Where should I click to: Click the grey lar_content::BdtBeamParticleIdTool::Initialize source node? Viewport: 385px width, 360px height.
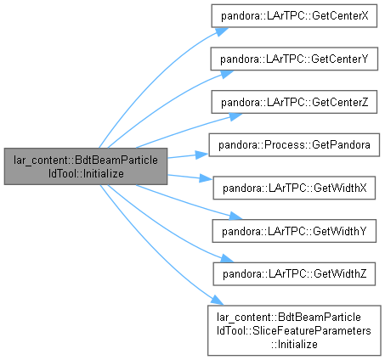click(x=86, y=166)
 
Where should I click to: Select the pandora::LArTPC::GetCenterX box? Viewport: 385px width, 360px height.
click(x=294, y=16)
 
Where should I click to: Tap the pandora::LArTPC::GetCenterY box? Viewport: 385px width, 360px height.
click(x=294, y=59)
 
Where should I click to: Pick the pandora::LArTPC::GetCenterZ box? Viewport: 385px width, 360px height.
click(x=294, y=102)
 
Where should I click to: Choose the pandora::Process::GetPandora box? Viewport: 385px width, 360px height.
click(x=294, y=145)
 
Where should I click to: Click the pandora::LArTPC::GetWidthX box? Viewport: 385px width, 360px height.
click(x=294, y=188)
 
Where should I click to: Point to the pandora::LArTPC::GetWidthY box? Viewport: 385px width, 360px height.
click(x=294, y=231)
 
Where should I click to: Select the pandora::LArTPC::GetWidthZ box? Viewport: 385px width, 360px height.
click(x=294, y=274)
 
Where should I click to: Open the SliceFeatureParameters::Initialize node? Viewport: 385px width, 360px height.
click(x=294, y=330)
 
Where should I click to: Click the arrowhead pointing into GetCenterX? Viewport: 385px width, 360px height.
click(x=222, y=31)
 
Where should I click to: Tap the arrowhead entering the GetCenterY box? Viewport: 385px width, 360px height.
click(x=226, y=74)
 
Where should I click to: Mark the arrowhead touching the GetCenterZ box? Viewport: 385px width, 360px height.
click(x=235, y=116)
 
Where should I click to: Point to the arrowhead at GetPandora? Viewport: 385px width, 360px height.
click(x=201, y=155)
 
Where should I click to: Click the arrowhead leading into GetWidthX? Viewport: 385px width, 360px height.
click(x=206, y=178)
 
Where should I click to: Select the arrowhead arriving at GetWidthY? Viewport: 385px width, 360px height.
click(x=235, y=217)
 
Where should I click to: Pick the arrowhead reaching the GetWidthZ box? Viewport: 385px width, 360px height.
click(x=227, y=259)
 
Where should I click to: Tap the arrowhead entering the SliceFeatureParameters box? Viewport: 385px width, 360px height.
click(x=217, y=301)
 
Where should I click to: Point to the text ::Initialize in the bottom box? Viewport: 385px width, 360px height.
click(x=294, y=344)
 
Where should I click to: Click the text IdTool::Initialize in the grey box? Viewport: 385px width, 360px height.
click(x=86, y=173)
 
